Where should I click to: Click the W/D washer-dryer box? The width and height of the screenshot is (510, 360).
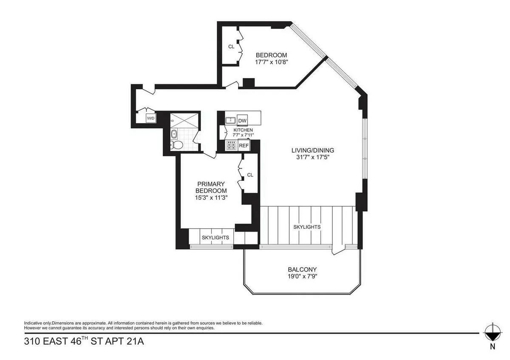[x=151, y=119]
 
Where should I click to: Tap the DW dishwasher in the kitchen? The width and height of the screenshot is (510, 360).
[x=242, y=121]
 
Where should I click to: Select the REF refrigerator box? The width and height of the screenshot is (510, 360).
[x=244, y=145]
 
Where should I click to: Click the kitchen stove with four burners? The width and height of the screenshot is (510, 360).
[x=231, y=145]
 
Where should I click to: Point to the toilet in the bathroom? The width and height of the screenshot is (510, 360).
[x=176, y=146]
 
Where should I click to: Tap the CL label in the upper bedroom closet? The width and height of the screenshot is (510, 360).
[x=231, y=47]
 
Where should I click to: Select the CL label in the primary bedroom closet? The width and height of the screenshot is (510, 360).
[x=250, y=175]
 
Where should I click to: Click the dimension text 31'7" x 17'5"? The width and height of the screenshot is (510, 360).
[x=312, y=157]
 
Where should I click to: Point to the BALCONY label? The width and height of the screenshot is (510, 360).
[x=302, y=269]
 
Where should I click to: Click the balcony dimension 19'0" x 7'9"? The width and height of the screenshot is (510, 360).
[x=302, y=276]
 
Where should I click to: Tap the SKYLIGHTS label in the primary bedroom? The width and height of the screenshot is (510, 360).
[x=215, y=238]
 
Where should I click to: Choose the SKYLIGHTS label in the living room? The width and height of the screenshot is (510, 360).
[x=307, y=227]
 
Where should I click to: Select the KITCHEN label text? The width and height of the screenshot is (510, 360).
[x=243, y=130]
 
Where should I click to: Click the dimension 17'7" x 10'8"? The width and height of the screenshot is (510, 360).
[x=271, y=62]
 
